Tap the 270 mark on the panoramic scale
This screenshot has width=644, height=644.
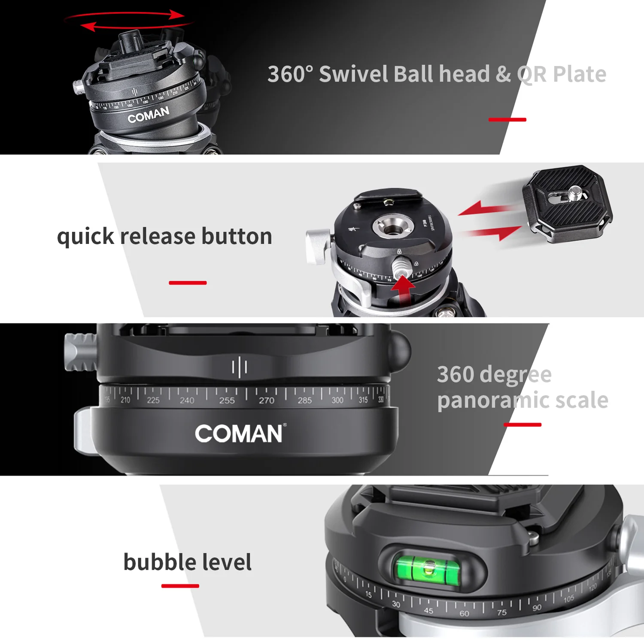(266, 400)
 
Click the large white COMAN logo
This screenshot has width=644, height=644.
(240, 434)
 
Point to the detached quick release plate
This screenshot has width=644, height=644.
(567, 204)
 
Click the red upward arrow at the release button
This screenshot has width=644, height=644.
(403, 290)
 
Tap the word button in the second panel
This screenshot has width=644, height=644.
(237, 236)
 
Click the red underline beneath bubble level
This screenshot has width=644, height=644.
(180, 586)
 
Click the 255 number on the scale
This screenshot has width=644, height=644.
(227, 400)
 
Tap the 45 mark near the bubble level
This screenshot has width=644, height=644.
(428, 610)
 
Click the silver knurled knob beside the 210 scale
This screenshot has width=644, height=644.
(80, 352)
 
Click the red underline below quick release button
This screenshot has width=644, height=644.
(188, 283)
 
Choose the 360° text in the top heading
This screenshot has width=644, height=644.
(290, 74)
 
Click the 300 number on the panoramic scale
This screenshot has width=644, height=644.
(337, 400)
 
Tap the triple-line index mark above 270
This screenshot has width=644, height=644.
(239, 367)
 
